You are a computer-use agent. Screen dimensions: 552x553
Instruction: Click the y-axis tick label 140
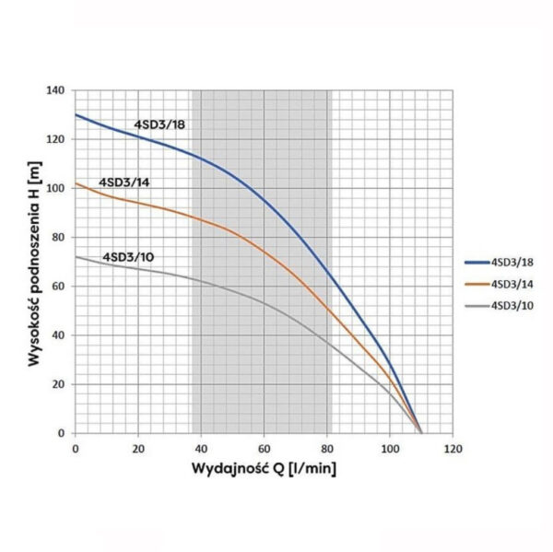58,91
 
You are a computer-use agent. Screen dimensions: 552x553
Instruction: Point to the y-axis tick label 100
58,189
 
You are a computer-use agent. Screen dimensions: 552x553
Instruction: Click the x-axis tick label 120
453,449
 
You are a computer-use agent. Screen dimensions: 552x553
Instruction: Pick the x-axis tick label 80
326,449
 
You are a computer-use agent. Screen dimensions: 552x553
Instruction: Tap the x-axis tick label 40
201,449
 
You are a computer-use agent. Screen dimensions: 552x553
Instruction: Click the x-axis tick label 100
390,449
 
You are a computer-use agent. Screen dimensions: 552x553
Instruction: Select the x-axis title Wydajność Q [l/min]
264,469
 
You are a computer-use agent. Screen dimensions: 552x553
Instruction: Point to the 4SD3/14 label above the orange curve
124,182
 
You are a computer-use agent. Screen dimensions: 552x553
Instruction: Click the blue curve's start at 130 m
76,115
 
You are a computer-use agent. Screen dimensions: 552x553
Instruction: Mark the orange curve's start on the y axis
76,183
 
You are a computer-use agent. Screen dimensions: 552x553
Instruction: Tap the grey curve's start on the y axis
76,257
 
